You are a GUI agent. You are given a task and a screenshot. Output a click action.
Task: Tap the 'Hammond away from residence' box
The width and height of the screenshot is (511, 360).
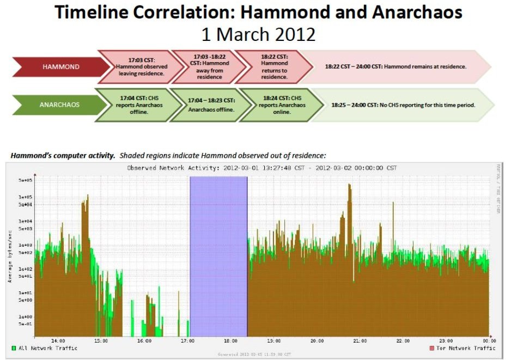tap(211, 66)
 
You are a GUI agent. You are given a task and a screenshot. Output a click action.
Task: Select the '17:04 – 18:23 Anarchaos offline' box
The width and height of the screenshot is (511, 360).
tap(211, 104)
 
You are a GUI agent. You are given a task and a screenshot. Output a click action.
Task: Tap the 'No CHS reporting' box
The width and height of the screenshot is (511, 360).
tap(403, 104)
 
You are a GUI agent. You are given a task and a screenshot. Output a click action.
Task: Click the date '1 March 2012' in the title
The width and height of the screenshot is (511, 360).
tap(258, 34)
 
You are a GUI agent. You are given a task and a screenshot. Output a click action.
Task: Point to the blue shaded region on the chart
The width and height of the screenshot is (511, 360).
tap(218, 256)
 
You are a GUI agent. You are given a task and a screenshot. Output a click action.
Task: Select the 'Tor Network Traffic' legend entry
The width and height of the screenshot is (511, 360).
tap(465, 348)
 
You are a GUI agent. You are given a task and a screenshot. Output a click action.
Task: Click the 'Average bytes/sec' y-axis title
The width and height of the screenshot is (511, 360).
tap(9, 256)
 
